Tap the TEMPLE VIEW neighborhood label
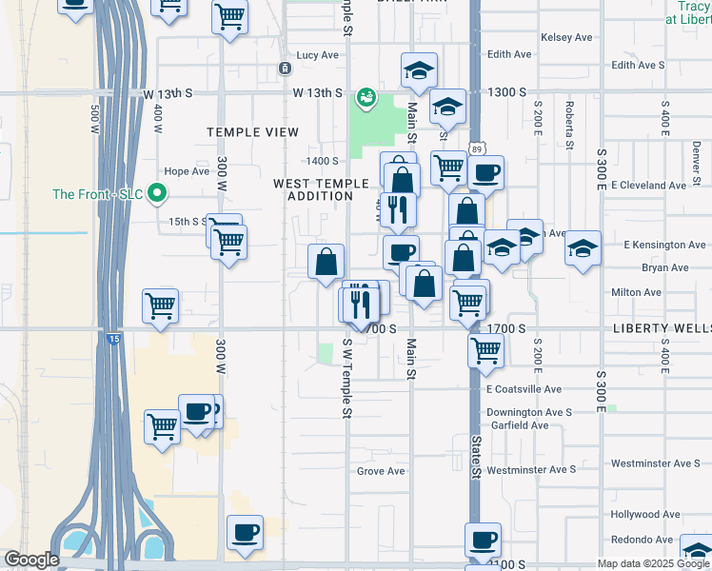pyautogui.click(x=253, y=132)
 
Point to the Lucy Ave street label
pyautogui.click(x=318, y=55)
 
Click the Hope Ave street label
pyautogui.click(x=187, y=172)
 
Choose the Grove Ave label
pyautogui.click(x=381, y=471)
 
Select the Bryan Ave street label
pyautogui.click(x=664, y=268)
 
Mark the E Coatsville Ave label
pyautogui.click(x=524, y=389)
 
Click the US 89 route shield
pyautogui.click(x=476, y=148)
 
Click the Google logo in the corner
pyautogui.click(x=31, y=560)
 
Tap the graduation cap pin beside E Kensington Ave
pyautogui.click(x=583, y=249)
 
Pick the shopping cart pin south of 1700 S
pyautogui.click(x=485, y=350)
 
